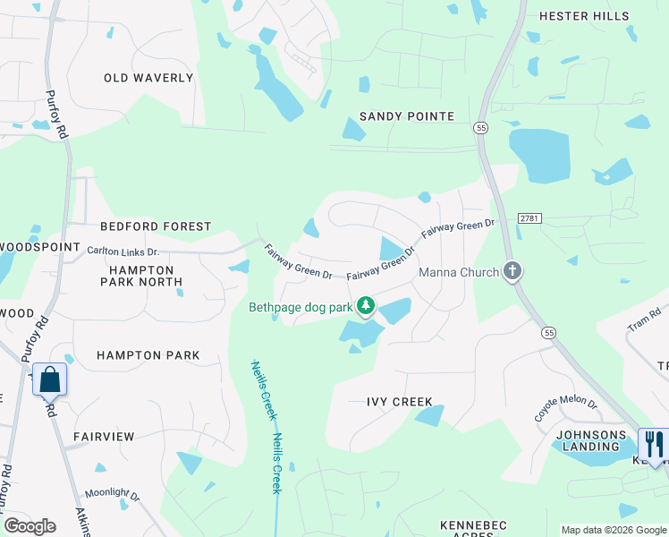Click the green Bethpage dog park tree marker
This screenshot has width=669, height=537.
point(365,307)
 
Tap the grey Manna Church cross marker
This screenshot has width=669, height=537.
point(512,270)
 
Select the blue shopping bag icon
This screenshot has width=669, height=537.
point(50,379)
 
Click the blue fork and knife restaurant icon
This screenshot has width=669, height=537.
point(653,444)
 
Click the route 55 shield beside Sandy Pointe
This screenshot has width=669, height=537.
point(480,128)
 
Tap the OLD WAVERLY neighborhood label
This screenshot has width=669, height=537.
point(148,78)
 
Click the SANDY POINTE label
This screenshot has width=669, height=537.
point(407,116)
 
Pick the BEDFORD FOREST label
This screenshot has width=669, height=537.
point(156,227)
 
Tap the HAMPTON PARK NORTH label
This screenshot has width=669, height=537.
point(147,276)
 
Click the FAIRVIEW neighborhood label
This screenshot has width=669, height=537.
point(104,437)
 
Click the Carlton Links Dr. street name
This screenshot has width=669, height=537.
point(123,251)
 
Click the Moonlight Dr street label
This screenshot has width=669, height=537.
point(113,494)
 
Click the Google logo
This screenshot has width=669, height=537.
point(30,526)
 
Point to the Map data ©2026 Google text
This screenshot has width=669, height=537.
point(613,530)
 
